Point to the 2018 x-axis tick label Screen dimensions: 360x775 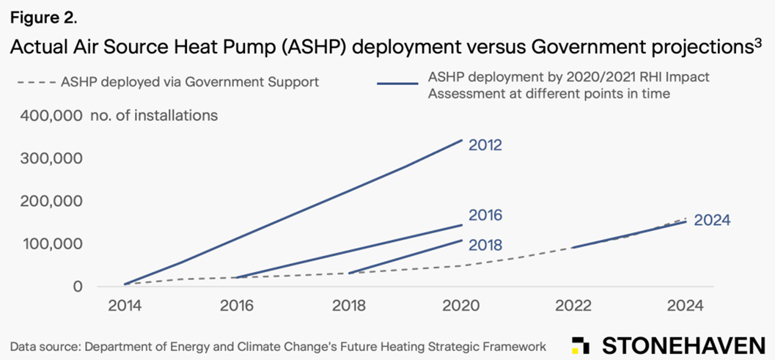tap(349, 306)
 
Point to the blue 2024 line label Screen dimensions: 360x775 tap(712, 220)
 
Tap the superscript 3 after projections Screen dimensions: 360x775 tap(758, 43)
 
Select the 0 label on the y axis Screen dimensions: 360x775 tap(77, 286)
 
